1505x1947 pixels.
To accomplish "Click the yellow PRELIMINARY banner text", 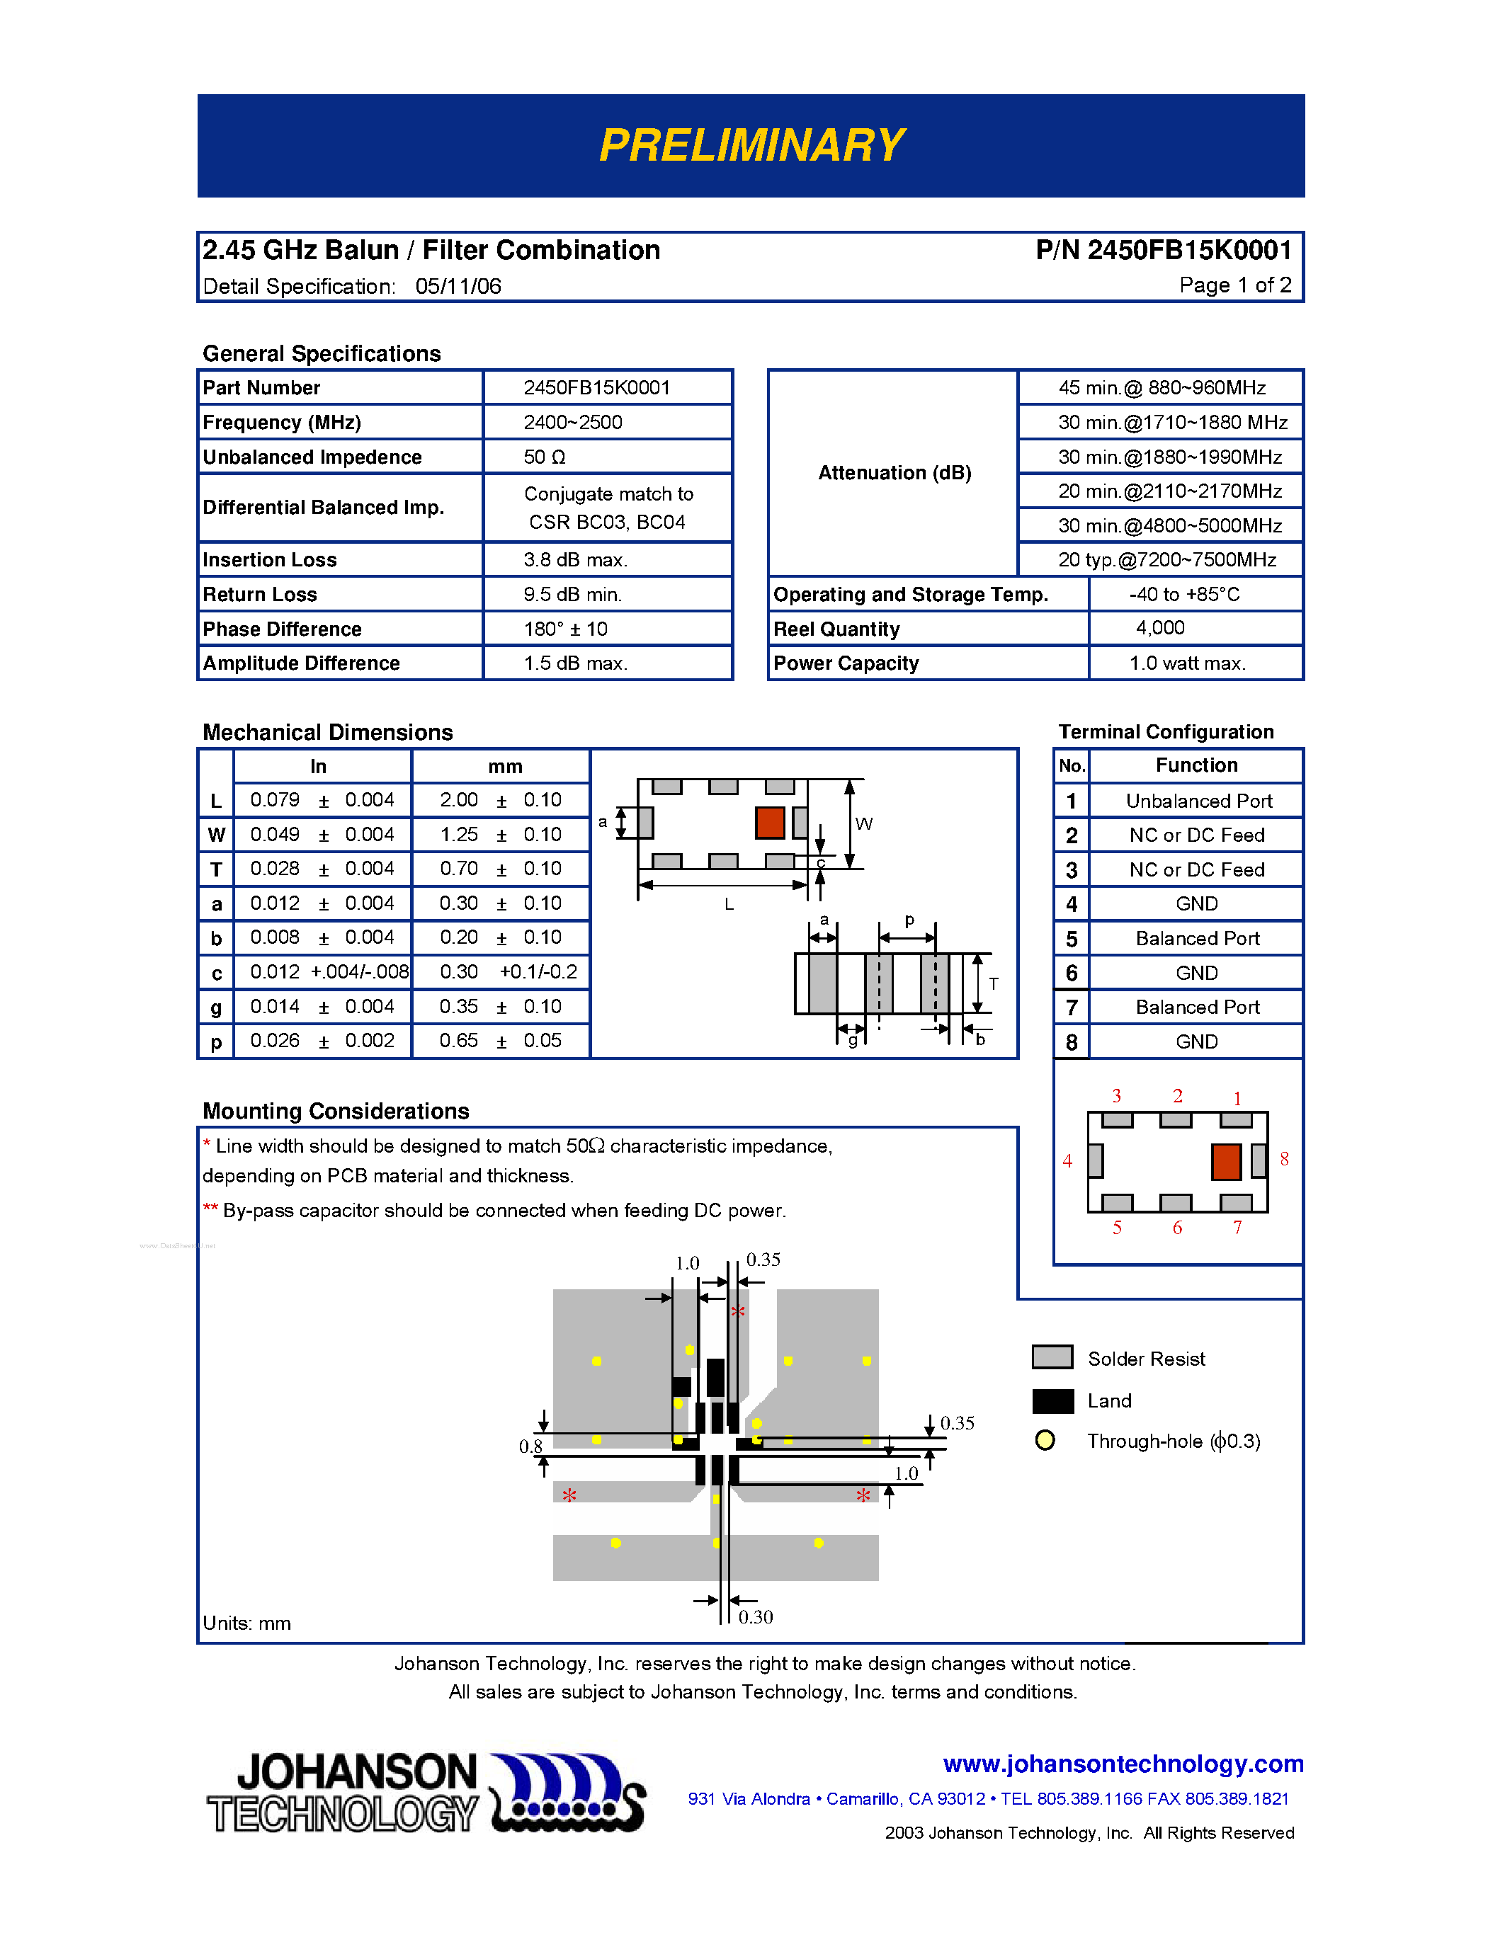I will pos(751,145).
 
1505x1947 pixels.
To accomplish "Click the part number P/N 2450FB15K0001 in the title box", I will pos(1163,251).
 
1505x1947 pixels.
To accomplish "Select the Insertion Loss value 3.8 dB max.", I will pos(575,560).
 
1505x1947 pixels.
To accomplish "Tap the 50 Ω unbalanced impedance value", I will pos(544,457).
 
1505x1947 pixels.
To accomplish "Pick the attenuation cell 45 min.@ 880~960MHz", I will pos(1161,388).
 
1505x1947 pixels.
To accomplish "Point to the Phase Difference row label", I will pos(282,629).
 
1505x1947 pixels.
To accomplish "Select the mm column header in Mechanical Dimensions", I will pos(505,767).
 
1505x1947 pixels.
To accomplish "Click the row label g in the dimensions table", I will pos(216,1007).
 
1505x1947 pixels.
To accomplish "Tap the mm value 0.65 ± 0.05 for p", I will pos(499,1041).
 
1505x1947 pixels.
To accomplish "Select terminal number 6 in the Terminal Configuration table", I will pos(1071,973).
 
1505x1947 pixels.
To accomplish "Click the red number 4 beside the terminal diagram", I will pos(1067,1160).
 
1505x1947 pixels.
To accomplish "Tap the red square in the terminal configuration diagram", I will pos(1226,1162).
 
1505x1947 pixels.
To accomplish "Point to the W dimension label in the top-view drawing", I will pos(863,823).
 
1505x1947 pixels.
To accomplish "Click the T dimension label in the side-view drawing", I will pos(993,983).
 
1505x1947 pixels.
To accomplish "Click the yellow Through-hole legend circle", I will pos(1045,1441).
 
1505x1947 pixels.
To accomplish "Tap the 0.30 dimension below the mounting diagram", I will pos(755,1617).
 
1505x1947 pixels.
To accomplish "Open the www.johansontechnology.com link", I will pos(1123,1764).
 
